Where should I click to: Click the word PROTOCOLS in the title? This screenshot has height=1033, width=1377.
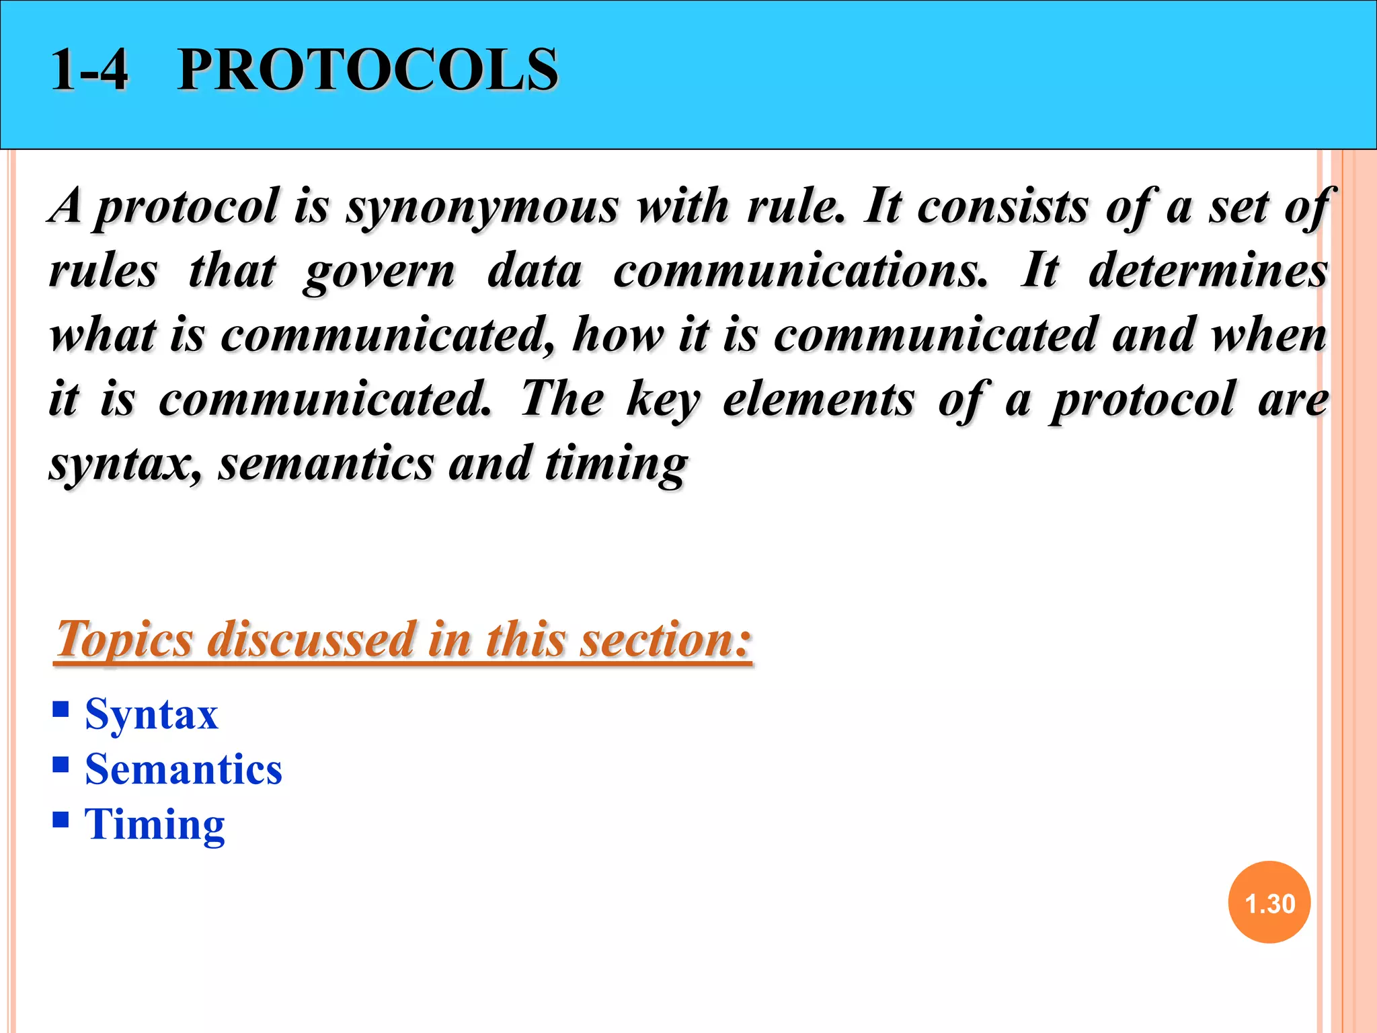[x=367, y=70]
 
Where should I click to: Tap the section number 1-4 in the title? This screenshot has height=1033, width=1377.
[x=89, y=70]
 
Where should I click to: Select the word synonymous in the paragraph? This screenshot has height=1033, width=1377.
[x=481, y=207]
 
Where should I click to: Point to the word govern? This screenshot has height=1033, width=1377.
[x=379, y=272]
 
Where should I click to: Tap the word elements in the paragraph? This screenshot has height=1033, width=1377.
[x=818, y=399]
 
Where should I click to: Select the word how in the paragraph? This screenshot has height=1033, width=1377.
[x=617, y=335]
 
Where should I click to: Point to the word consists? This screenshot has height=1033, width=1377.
[x=1002, y=206]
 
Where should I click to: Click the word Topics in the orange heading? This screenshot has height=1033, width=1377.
[x=124, y=639]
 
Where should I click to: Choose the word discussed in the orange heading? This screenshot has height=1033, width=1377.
[x=311, y=639]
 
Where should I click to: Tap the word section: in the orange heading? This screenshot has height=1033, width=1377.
[x=666, y=639]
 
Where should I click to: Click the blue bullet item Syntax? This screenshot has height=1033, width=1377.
[x=151, y=714]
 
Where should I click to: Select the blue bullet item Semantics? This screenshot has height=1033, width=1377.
[x=184, y=769]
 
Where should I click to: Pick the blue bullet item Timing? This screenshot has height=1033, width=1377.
[x=155, y=825]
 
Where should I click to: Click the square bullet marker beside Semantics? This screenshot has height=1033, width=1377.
[x=61, y=765]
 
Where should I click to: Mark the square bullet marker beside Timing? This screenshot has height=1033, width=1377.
[x=61, y=819]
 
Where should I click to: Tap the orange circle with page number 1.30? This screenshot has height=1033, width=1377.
[x=1269, y=903]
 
